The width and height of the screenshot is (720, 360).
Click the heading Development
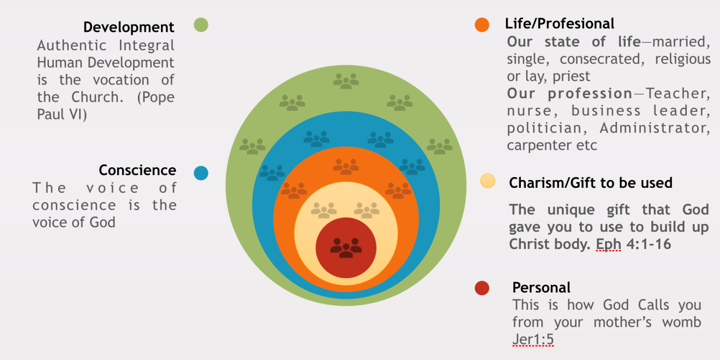coord(129,27)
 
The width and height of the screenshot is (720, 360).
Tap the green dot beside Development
coord(201,24)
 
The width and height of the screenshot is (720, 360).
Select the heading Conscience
coord(137,170)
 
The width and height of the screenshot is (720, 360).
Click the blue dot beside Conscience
coord(201,173)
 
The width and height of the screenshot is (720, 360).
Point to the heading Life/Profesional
coord(560,23)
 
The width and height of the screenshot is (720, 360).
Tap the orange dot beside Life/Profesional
coord(482,25)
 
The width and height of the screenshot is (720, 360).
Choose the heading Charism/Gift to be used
coord(590,183)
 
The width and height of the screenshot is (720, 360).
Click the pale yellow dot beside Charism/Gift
coord(488,181)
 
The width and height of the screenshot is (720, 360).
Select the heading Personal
coord(541,288)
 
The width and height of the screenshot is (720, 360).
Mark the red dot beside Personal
coord(482,288)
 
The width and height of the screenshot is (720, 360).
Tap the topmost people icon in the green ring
coord(346,81)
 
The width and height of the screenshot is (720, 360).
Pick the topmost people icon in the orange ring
coord(346,166)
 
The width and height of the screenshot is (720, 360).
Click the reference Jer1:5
coord(533,339)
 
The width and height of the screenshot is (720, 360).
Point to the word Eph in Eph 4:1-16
coord(608,244)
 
